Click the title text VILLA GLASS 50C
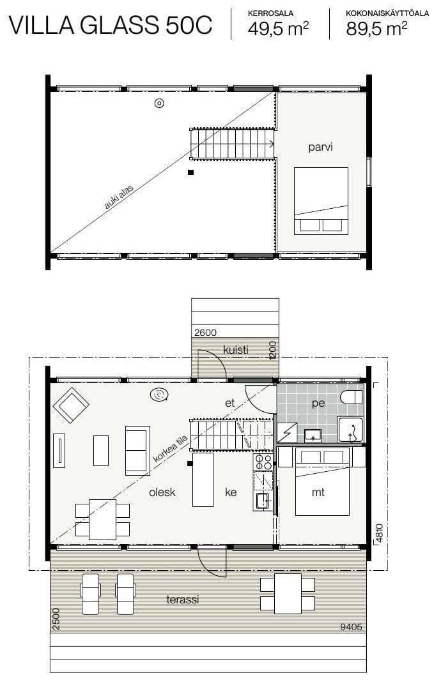111,25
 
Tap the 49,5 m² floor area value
278,29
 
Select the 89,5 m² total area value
376,29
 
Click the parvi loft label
320,147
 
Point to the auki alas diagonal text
118,197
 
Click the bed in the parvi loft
321,200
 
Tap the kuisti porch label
236,349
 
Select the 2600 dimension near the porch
205,333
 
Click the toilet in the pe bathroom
352,397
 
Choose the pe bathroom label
318,404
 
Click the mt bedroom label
318,492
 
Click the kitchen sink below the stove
262,501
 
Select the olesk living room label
162,492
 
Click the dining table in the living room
102,520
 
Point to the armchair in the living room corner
71,405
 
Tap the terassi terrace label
183,600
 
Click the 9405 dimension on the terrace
351,626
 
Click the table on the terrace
288,594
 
